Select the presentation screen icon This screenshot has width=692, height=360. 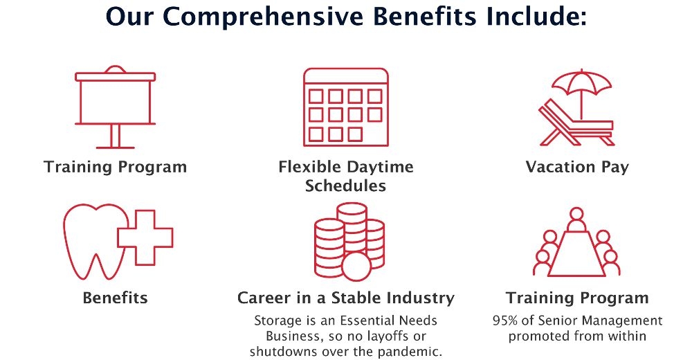tap(115, 104)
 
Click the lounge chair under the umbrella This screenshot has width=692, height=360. tap(574, 125)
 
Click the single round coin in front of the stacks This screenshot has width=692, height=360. tap(357, 267)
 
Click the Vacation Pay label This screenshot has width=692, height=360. tap(577, 167)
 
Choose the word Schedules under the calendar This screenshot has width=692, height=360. tap(345, 186)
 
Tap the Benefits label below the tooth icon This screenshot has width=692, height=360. tap(115, 298)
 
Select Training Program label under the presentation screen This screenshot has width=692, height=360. tap(115, 167)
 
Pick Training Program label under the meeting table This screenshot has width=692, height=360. tap(577, 298)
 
